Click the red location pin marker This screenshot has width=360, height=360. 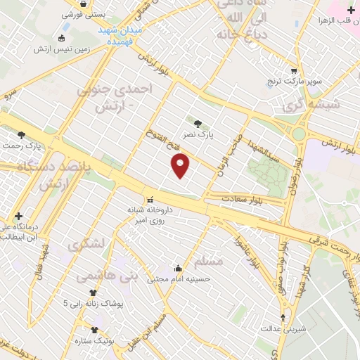point(181,166)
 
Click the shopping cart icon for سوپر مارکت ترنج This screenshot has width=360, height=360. point(293,71)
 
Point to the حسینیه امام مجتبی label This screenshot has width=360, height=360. point(179,279)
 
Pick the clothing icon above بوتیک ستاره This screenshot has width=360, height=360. point(95,330)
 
